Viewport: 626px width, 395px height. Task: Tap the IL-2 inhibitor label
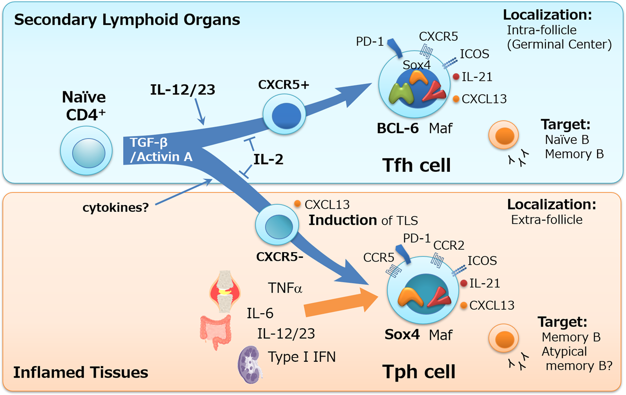268,159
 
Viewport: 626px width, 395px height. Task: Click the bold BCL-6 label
398,128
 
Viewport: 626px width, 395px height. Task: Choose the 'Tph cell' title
418,371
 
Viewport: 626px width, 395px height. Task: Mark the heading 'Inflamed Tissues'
80,372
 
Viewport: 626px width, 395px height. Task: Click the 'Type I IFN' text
302,357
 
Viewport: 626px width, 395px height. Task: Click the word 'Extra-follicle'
547,220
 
